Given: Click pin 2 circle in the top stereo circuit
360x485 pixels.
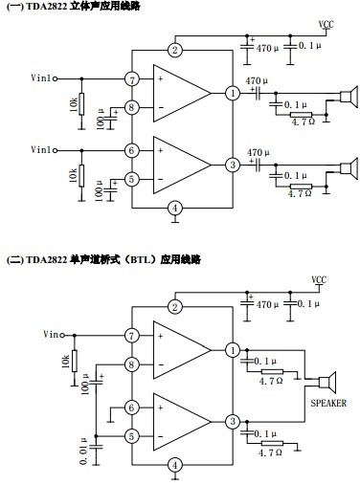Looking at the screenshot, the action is (174, 50).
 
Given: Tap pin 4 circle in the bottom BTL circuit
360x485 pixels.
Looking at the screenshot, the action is (174, 465).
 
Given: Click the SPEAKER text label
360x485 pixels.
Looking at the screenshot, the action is (328, 403).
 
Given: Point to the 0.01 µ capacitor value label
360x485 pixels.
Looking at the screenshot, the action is (83, 451).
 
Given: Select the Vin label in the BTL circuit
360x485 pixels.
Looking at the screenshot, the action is (51, 334).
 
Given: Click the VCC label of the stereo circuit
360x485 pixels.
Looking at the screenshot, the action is (326, 24).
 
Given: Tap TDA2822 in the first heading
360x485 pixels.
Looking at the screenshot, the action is (47, 7).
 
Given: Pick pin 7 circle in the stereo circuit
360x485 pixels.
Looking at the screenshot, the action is (131, 79).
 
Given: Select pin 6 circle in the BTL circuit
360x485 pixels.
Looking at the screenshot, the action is (131, 408).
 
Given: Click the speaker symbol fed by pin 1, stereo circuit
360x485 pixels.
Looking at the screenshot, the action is (349, 96).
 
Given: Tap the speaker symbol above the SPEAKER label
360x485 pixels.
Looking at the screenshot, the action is (327, 383).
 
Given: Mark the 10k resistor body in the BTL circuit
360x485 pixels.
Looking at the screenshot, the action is (75, 361).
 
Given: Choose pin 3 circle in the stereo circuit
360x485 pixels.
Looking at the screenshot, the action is (233, 165).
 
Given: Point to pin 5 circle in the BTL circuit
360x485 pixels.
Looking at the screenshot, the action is (131, 436).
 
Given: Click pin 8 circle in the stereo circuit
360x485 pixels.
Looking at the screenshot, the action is (131, 108).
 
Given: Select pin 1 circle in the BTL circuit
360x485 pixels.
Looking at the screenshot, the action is (233, 350).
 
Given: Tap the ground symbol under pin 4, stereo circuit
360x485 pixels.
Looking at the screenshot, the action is (174, 220).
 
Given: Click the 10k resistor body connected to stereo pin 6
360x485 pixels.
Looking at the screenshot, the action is (81, 176).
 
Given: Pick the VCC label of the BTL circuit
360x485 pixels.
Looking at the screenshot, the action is (319, 280).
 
